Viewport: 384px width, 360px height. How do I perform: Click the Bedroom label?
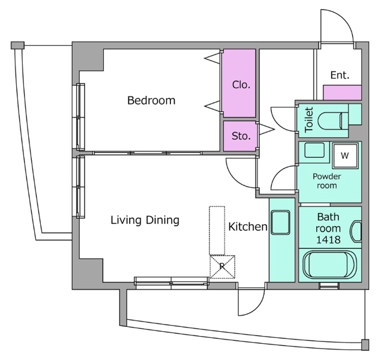[151, 100]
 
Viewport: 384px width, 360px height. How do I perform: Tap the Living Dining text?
[145, 220]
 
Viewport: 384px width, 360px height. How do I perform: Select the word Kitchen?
[247, 227]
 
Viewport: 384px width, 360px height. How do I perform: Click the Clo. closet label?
[241, 85]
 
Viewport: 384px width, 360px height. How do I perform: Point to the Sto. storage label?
[241, 136]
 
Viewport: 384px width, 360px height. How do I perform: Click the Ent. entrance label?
[340, 76]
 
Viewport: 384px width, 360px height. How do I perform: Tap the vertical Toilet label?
[309, 120]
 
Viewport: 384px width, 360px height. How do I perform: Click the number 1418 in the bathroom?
[328, 240]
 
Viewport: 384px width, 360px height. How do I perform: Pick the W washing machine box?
[344, 155]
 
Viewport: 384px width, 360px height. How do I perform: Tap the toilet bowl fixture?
[331, 121]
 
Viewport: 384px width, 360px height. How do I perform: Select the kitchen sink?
[279, 223]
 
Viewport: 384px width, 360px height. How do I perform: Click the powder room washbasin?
[314, 151]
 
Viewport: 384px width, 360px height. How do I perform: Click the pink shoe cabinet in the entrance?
[343, 92]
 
